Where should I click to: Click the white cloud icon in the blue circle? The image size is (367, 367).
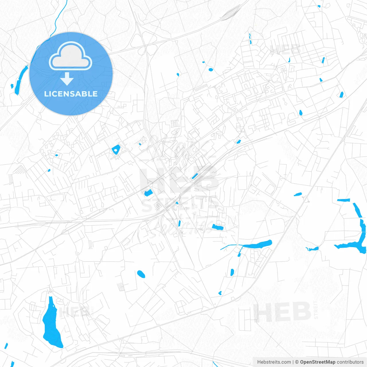tap(71, 56)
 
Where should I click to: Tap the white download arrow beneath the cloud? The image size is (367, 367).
tap(67, 79)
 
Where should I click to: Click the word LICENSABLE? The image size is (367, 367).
tap(71, 94)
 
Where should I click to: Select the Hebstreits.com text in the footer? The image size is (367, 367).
tap(274, 362)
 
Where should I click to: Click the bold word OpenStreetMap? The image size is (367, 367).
tap(317, 362)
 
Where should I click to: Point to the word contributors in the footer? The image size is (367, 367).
tap(350, 362)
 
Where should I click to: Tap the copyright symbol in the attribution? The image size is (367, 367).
tap(297, 362)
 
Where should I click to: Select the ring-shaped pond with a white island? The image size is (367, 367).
tap(116, 149)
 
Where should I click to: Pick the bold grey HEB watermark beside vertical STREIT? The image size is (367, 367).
tap(282, 312)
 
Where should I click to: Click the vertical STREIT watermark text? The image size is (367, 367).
tap(316, 310)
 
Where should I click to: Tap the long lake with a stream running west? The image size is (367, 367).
tap(257, 245)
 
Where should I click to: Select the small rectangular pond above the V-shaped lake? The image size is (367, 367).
tap(343, 200)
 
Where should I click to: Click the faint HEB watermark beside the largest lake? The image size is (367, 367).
tap(75, 312)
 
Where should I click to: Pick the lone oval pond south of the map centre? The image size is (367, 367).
tap(141, 274)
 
